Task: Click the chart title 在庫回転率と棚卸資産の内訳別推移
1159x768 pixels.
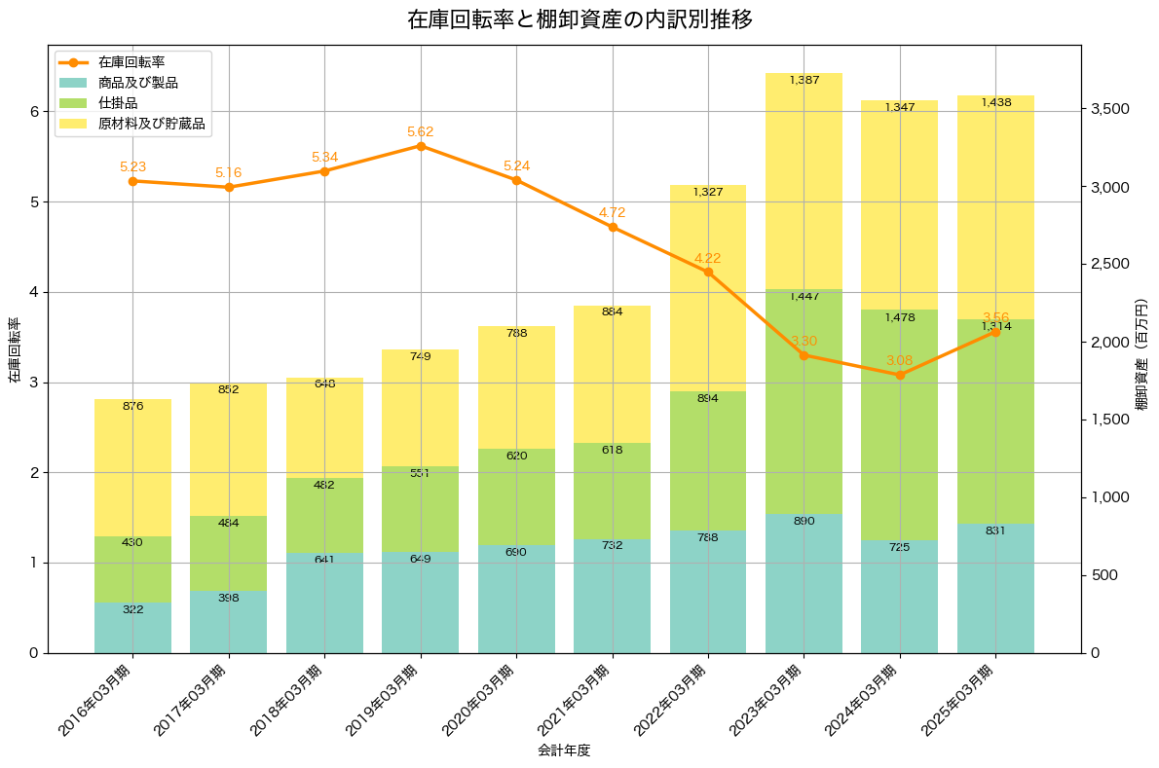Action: [579, 19]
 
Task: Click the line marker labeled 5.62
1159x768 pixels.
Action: [421, 146]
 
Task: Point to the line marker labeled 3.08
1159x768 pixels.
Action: [900, 375]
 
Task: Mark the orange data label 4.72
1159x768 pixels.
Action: [613, 212]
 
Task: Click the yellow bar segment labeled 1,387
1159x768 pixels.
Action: [804, 181]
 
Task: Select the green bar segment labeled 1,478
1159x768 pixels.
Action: [900, 424]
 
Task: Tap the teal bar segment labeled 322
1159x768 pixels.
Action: [132, 628]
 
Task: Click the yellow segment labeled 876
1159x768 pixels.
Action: [132, 467]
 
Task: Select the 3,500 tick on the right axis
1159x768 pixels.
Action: [1109, 109]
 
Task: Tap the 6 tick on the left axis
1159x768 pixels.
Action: [33, 112]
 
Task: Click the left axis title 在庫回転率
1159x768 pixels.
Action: [14, 350]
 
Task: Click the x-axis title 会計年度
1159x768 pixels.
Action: [564, 750]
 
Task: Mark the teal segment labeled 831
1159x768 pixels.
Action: [995, 588]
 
